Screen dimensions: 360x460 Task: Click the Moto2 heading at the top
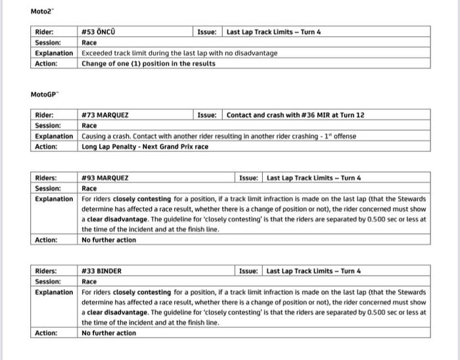(41, 12)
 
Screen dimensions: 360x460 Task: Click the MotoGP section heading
(44, 95)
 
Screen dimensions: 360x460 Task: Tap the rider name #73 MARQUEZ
(105, 115)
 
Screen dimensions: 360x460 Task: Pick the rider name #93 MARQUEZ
(105, 178)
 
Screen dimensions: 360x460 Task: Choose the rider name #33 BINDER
(102, 271)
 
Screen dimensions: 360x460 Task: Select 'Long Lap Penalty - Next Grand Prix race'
(145, 146)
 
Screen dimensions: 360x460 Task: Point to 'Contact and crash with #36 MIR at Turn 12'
(295, 115)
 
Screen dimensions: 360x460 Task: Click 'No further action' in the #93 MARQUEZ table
(108, 240)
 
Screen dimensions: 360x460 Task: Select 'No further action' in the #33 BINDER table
(108, 333)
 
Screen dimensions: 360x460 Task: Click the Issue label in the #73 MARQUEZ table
(208, 115)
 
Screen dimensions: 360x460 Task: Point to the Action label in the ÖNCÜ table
(46, 64)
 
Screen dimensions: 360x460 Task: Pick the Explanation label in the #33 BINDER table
(54, 292)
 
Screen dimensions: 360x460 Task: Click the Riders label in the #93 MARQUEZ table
(46, 178)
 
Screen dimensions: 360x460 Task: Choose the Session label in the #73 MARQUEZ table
(47, 125)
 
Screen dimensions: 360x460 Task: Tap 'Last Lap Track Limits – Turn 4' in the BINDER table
(313, 271)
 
